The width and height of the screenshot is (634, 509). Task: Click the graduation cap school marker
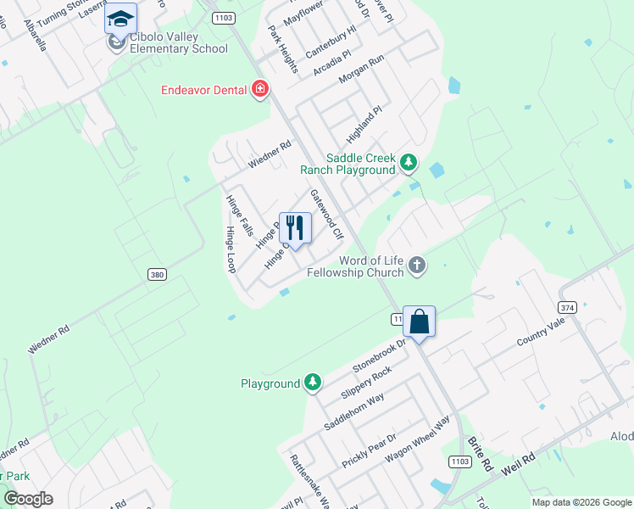click(120, 19)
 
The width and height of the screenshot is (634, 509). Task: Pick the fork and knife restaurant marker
click(295, 227)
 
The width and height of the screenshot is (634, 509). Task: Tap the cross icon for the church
click(416, 266)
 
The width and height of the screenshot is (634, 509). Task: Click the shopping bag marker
click(419, 322)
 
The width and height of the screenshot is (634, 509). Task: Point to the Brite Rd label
click(481, 454)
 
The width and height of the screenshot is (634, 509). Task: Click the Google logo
click(29, 499)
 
